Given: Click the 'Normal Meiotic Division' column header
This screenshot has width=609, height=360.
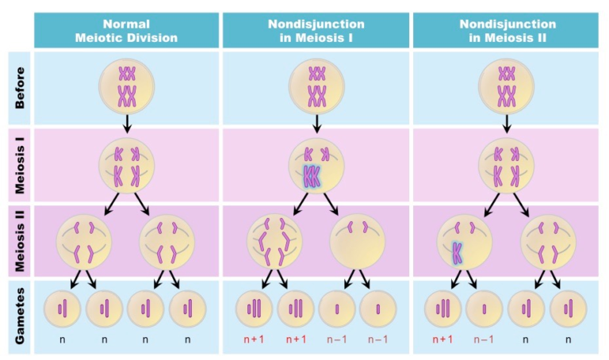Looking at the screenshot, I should (x=126, y=30).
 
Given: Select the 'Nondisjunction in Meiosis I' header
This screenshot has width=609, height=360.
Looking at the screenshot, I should (x=316, y=30).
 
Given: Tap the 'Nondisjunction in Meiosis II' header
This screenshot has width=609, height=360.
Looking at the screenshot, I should (x=507, y=30).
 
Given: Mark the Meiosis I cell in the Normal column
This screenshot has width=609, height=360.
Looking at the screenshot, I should (x=127, y=165).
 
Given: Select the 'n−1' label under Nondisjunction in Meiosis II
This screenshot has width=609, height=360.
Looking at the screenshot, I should (x=485, y=339).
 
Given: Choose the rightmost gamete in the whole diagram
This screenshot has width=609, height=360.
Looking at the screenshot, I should (x=568, y=307).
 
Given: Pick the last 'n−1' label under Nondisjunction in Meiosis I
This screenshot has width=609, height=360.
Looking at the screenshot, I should (x=377, y=339).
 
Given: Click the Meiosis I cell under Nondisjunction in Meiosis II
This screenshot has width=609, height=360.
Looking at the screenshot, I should (x=507, y=165).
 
